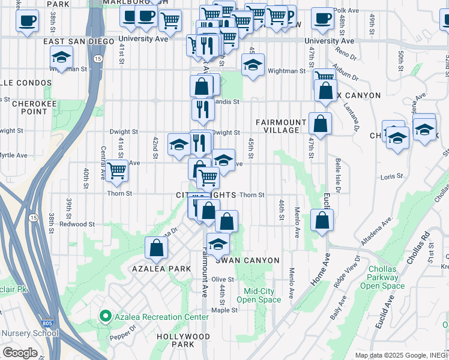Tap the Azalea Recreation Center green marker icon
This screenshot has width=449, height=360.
[105, 316]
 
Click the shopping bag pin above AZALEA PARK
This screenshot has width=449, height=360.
[156, 248]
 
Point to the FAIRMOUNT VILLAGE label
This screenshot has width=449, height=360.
[278, 126]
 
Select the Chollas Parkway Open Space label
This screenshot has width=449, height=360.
[382, 277]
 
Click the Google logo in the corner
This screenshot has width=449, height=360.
[20, 352]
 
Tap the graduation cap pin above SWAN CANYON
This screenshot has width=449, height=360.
[218, 244]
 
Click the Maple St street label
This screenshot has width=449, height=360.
[225, 310]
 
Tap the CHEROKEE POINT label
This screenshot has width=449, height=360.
[29, 107]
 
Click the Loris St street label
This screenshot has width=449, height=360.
[390, 178]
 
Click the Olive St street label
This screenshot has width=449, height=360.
[222, 279]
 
